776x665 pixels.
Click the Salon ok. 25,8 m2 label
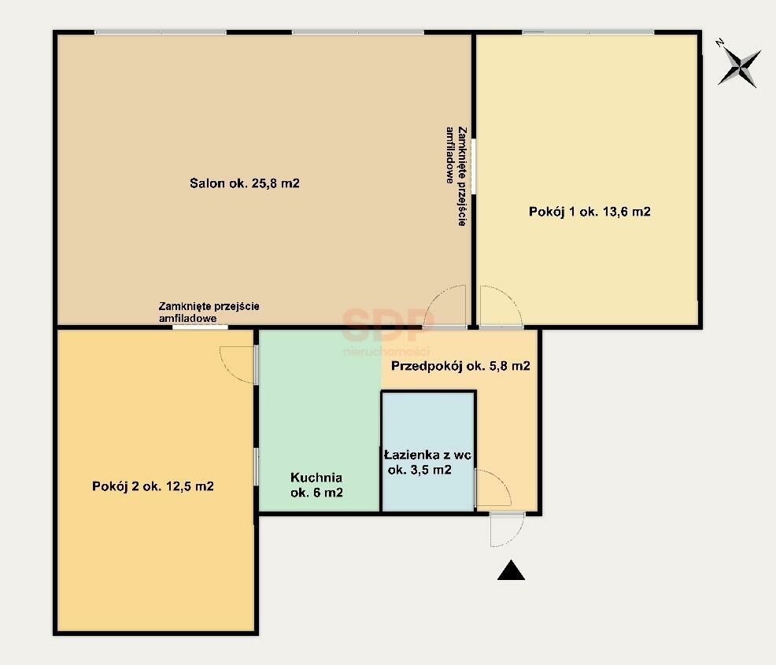245,183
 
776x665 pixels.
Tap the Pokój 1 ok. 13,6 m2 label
589,212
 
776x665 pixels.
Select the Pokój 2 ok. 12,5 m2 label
153,486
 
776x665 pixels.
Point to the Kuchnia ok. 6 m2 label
316,485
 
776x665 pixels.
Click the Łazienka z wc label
427,455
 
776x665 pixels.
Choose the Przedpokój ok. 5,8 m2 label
460,366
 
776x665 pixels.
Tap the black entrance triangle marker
511,570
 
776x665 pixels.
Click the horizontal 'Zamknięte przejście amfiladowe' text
209,312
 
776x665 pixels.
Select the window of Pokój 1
589,32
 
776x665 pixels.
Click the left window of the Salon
161,32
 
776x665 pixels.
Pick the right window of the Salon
358,32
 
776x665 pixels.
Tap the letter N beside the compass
720,43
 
